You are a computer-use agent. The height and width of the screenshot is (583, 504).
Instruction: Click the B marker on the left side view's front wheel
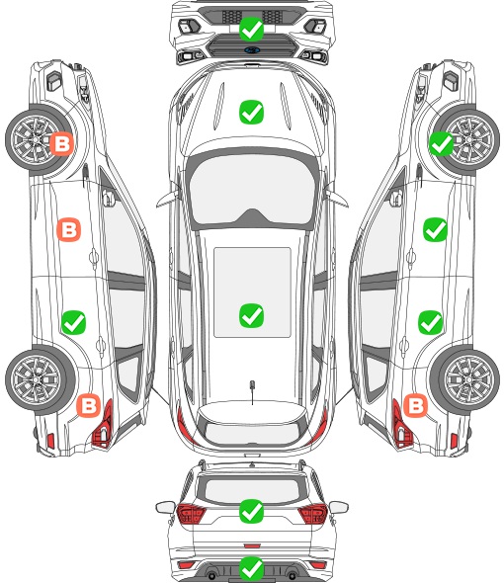(61, 143)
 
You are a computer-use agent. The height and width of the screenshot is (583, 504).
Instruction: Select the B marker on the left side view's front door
(69, 230)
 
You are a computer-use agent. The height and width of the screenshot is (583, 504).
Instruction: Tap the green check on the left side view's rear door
(74, 322)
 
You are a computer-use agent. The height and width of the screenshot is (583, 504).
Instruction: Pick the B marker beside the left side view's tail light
(89, 405)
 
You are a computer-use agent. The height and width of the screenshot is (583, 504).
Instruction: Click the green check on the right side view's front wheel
(442, 143)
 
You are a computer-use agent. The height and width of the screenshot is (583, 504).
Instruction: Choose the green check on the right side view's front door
(436, 230)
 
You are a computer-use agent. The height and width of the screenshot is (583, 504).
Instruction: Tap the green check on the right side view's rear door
(431, 322)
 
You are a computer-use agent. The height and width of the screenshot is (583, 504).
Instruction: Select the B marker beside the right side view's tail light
(415, 405)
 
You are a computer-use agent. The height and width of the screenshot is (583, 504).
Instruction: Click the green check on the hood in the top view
(251, 112)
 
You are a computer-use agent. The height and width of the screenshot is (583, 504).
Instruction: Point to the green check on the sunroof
(251, 315)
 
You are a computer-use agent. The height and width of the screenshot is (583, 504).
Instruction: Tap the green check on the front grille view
(251, 29)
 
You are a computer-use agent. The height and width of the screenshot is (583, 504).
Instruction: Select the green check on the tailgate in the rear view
(251, 511)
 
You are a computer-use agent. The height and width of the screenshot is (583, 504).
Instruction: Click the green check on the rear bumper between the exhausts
(251, 568)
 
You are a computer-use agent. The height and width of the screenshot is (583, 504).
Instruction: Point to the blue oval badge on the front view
(252, 49)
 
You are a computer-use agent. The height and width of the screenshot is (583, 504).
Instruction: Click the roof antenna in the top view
(252, 386)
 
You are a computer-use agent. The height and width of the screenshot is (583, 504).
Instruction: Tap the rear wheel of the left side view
(41, 380)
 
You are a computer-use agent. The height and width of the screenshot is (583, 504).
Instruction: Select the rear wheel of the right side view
(464, 380)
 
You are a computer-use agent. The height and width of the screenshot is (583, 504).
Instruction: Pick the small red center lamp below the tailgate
(252, 545)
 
